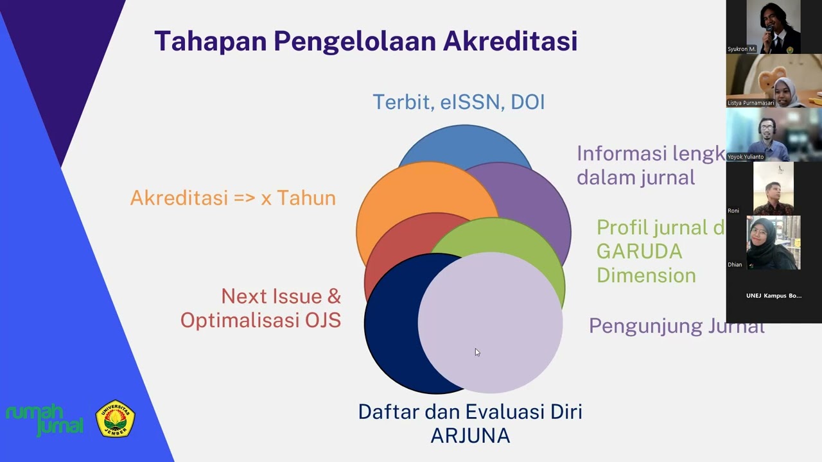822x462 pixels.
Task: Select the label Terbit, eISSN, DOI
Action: click(x=459, y=102)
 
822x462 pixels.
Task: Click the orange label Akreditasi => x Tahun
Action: click(x=232, y=198)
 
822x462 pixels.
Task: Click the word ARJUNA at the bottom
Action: click(x=470, y=436)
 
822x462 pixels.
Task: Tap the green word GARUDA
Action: click(x=639, y=251)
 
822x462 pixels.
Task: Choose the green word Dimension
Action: click(x=646, y=275)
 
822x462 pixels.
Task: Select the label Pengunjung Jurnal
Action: click(x=676, y=326)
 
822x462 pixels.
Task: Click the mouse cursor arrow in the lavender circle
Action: click(x=477, y=352)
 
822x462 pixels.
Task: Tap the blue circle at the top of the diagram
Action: click(x=464, y=142)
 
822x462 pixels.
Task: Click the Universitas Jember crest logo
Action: click(x=116, y=419)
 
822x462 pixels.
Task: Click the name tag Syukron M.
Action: click(x=742, y=49)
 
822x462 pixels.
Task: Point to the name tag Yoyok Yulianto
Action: click(x=746, y=157)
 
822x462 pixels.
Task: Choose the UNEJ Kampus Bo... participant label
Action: click(x=773, y=296)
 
